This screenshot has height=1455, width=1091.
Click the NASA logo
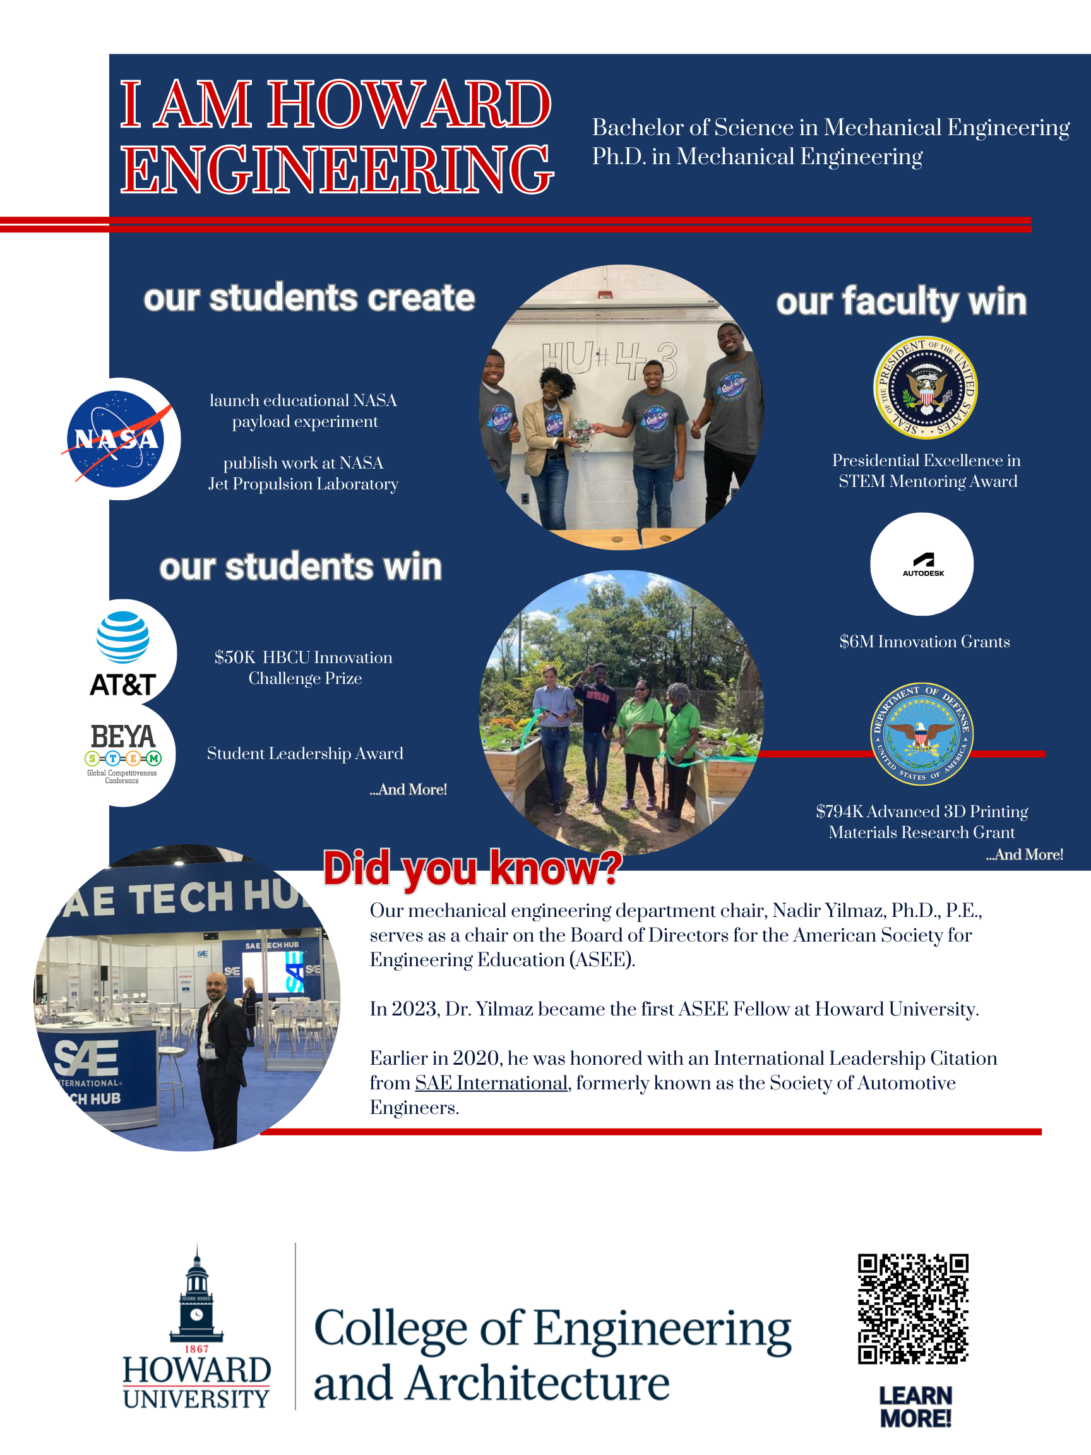(x=116, y=439)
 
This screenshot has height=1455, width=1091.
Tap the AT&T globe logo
(x=123, y=637)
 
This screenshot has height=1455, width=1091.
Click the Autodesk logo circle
(x=921, y=565)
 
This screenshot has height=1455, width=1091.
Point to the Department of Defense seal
(x=921, y=733)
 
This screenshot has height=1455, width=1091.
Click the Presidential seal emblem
(x=924, y=387)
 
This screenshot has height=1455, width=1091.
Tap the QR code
(x=913, y=1308)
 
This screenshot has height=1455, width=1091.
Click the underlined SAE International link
(x=491, y=1082)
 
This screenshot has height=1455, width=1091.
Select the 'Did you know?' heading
(x=472, y=868)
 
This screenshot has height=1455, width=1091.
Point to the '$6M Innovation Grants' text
(x=924, y=642)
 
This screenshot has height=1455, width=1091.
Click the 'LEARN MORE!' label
(x=915, y=1406)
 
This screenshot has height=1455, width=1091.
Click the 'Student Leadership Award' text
(x=305, y=753)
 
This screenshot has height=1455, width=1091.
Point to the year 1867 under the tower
(x=196, y=1348)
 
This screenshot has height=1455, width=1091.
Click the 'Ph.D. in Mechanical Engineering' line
(x=756, y=157)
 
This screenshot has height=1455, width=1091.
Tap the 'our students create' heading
(x=309, y=298)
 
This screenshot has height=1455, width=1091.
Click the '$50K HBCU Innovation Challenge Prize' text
(x=304, y=667)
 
